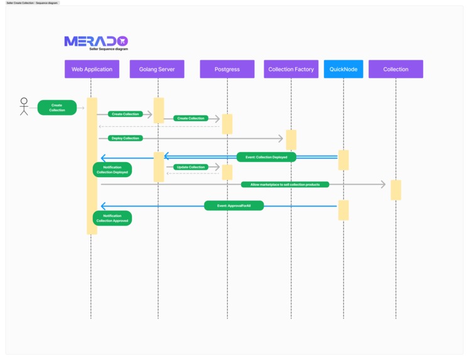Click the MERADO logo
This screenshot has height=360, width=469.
tap(95, 41)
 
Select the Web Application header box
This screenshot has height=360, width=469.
tap(92, 69)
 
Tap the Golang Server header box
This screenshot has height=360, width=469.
tap(157, 69)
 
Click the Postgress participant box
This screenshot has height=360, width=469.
tap(227, 69)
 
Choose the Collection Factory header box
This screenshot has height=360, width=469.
tap(291, 69)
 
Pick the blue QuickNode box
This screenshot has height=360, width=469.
tap(343, 69)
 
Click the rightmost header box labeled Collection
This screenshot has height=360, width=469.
tap(396, 69)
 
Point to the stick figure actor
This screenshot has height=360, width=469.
tap(24, 106)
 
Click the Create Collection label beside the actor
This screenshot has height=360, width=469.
tap(57, 107)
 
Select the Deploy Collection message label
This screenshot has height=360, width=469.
tap(126, 138)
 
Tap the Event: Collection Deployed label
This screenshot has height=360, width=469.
tap(266, 157)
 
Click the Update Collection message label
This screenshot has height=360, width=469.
tap(190, 167)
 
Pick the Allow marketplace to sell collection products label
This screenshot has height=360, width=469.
tap(284, 185)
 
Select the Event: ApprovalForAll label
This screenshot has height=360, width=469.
tap(234, 205)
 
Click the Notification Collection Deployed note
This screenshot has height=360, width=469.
tap(112, 170)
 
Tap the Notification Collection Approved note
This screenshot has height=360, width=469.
tap(112, 218)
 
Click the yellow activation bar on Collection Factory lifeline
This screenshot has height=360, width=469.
tap(291, 139)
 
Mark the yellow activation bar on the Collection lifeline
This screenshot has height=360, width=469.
tap(396, 190)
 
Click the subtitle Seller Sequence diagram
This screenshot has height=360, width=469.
tap(109, 49)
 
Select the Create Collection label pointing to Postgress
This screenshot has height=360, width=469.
tap(191, 118)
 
